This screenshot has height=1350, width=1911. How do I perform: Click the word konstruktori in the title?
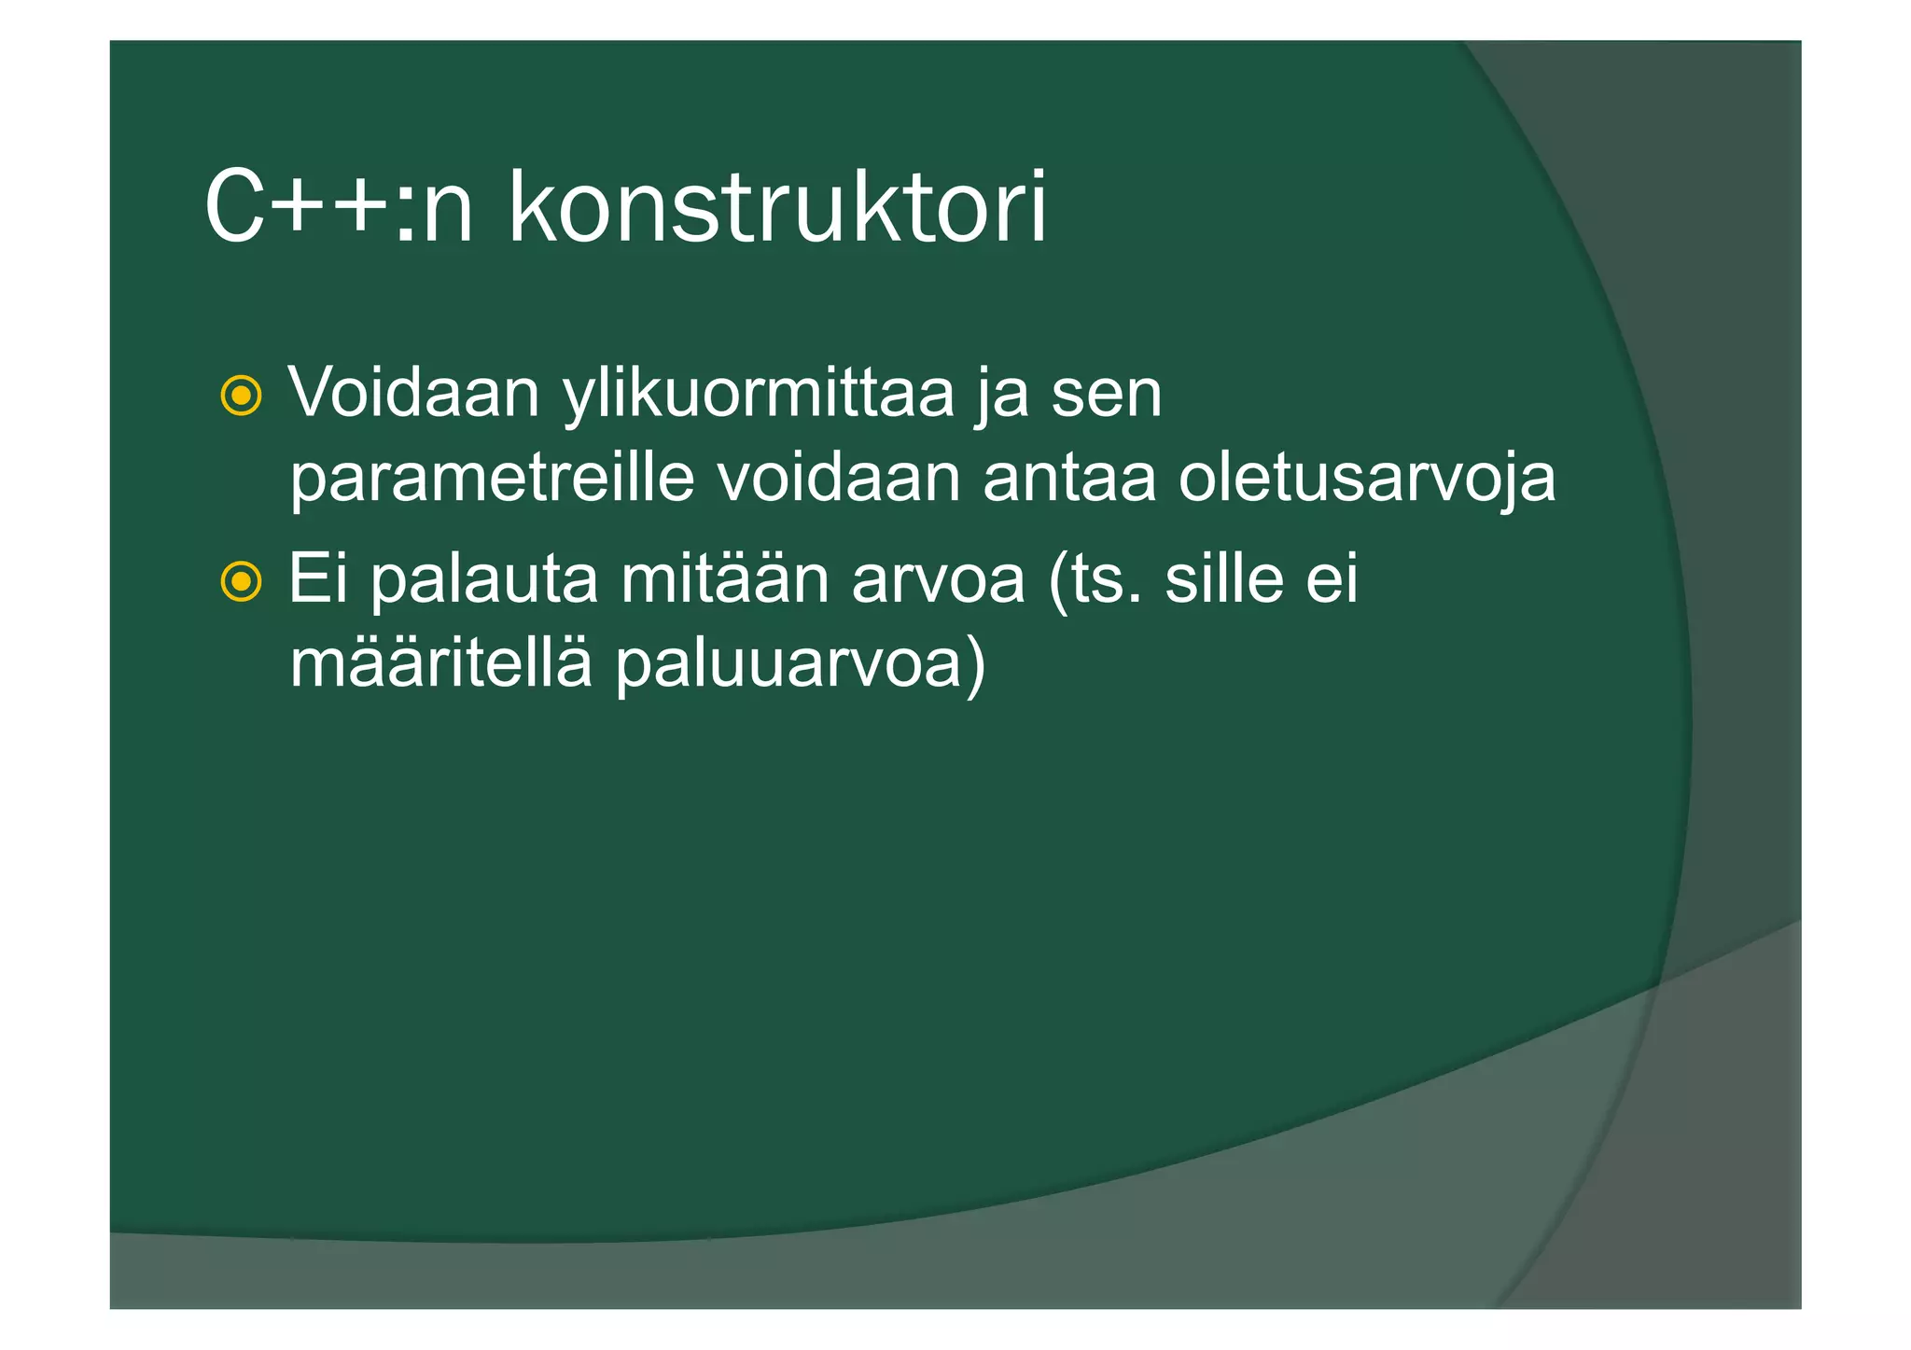point(777,207)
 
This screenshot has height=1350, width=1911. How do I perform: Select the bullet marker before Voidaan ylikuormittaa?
point(241,397)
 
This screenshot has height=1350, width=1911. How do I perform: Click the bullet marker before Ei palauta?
point(241,583)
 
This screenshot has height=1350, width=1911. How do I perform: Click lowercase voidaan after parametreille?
point(839,479)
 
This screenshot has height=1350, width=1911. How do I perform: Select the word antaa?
point(1069,479)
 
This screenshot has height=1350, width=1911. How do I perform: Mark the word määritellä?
point(440,664)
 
